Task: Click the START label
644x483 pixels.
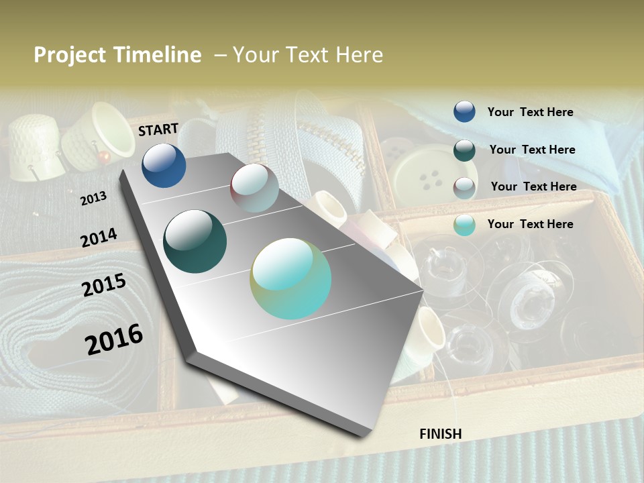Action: pos(158,129)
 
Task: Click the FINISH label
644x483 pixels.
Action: pos(441,434)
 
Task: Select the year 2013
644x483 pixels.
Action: pos(93,199)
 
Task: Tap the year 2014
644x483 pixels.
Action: pos(99,238)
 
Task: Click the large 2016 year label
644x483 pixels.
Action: pos(114,339)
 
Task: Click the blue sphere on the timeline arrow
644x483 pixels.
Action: pos(164,166)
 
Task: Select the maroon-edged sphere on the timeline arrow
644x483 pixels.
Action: pos(254,188)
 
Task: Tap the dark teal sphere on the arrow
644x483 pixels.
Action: pos(195,241)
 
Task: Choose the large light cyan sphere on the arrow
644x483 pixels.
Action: pos(290,278)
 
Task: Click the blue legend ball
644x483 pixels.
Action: pos(464,112)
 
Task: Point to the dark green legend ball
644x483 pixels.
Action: pos(464,150)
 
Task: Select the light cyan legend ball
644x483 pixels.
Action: pos(464,225)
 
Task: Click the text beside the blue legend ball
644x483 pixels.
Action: pos(530,112)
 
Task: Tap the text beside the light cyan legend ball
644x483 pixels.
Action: pos(530,224)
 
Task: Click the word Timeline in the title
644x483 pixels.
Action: pos(159,55)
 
